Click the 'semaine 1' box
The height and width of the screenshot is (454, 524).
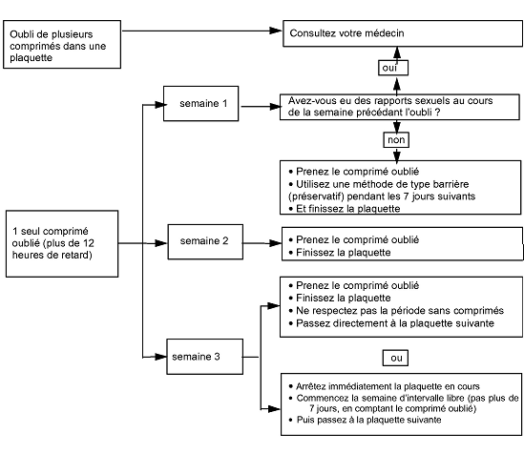tap(200, 103)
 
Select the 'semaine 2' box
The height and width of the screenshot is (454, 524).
tap(205, 241)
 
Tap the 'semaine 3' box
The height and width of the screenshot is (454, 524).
tap(205, 357)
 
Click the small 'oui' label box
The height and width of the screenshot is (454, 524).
tap(393, 68)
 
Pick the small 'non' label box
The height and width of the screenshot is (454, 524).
tap(396, 140)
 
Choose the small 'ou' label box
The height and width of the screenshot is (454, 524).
tap(395, 358)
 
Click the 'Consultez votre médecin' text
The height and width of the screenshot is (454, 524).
tap(346, 33)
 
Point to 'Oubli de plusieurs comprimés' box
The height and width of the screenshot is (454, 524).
tap(62, 45)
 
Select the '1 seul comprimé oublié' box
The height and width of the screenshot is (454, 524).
tap(62, 244)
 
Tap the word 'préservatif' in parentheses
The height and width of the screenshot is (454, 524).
tap(316, 196)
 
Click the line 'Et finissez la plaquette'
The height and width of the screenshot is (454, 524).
tap(347, 209)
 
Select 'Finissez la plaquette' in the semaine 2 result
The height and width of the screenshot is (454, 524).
tap(344, 253)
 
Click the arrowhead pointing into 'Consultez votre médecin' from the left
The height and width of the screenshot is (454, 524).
tap(276, 31)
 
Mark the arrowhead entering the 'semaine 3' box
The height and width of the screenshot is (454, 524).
tap(160, 357)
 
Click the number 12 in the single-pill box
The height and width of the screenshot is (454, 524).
tap(89, 243)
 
